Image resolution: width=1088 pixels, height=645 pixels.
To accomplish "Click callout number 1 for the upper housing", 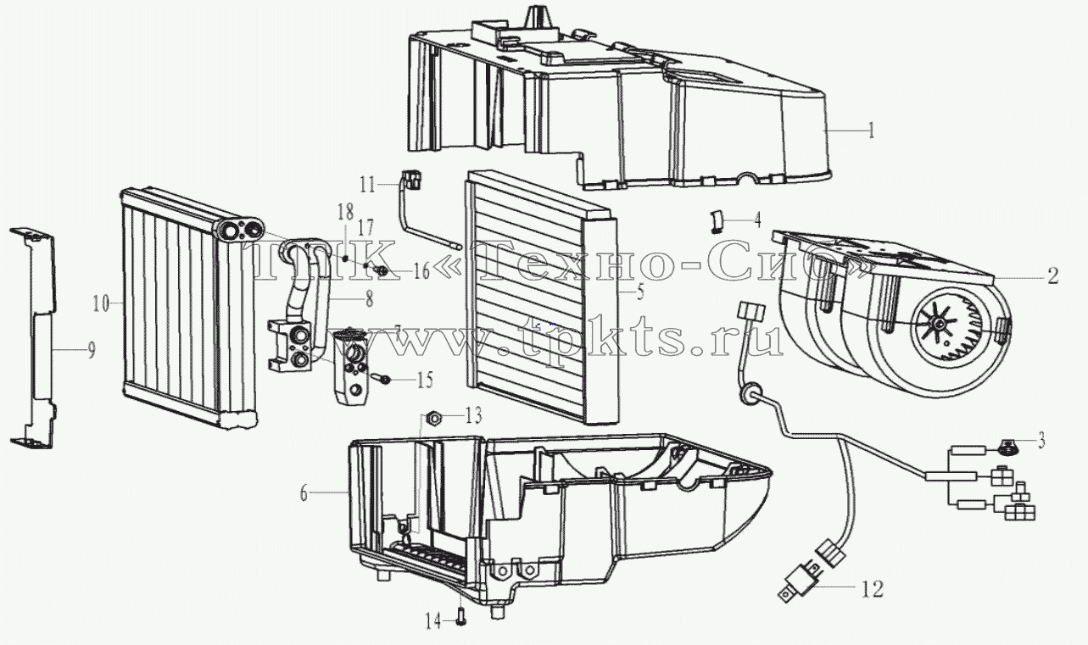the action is (x=872, y=131).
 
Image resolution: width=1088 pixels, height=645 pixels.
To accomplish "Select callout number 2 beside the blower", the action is (x=1052, y=276).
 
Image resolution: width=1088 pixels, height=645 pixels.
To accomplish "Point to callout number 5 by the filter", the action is (x=639, y=292).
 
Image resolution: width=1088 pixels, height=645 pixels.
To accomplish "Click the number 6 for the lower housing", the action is (x=304, y=494).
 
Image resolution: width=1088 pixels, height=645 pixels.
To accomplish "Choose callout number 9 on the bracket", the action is (x=92, y=350).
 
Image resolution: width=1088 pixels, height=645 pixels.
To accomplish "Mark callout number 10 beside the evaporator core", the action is (x=101, y=304).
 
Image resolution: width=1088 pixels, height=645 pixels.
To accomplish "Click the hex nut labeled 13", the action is (x=433, y=418).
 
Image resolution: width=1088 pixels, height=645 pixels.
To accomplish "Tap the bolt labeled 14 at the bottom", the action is (x=460, y=618).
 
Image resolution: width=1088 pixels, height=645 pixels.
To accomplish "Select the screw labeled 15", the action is (x=381, y=377).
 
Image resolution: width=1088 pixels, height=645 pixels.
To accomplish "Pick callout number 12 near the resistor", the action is (x=873, y=589).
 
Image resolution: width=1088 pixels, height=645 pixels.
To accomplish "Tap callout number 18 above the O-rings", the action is (x=345, y=212).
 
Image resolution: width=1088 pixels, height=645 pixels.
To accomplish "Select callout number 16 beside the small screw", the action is (x=422, y=272).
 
